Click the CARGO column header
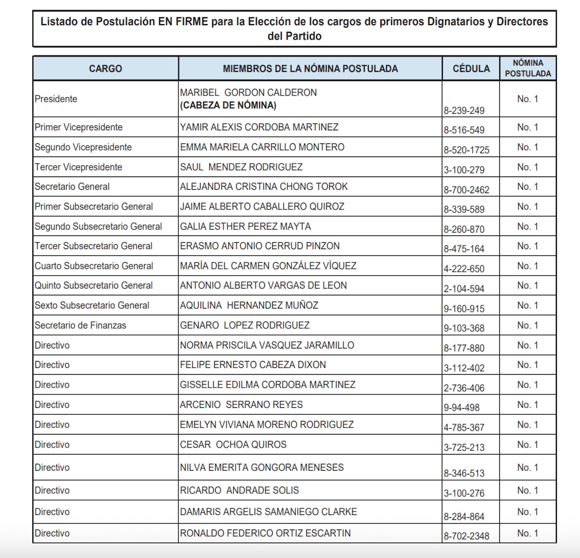pos(105,69)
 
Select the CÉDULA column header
pos(471,69)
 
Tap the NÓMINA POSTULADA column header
pos(528,68)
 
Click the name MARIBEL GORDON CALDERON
pos(248,92)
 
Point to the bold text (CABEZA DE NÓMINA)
pos(228,105)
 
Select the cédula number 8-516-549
pos(464,130)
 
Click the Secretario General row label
pos(72,187)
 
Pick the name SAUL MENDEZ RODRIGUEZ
pos(241,167)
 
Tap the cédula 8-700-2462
pos(466,190)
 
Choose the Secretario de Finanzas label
pos(80,325)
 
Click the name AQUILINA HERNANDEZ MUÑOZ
pos(249,306)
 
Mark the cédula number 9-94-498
pos(462,407)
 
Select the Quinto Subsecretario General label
pos(94,285)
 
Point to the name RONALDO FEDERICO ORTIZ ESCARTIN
pos(265,533)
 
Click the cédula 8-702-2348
pos(466,536)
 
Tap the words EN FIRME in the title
pos(183,22)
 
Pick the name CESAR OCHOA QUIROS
pos(233,445)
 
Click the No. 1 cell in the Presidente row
pos(527,99)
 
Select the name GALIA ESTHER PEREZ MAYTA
pos(246,226)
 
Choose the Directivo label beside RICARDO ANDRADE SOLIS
pos(52,490)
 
